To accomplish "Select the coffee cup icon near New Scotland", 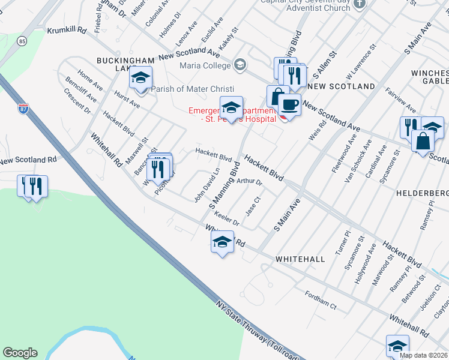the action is [289, 104].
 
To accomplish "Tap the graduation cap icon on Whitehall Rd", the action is [222, 242].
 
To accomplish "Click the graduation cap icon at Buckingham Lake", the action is [141, 78].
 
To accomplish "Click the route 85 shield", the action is [22, 41].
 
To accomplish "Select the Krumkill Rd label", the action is [67, 29].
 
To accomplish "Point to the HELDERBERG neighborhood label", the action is [422, 194].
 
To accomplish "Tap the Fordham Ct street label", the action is [321, 300].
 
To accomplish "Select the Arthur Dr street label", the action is [250, 181].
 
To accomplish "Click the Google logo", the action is [20, 353].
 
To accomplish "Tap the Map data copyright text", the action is [424, 355].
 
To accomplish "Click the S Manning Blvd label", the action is [224, 184].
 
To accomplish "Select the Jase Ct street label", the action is [253, 207].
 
